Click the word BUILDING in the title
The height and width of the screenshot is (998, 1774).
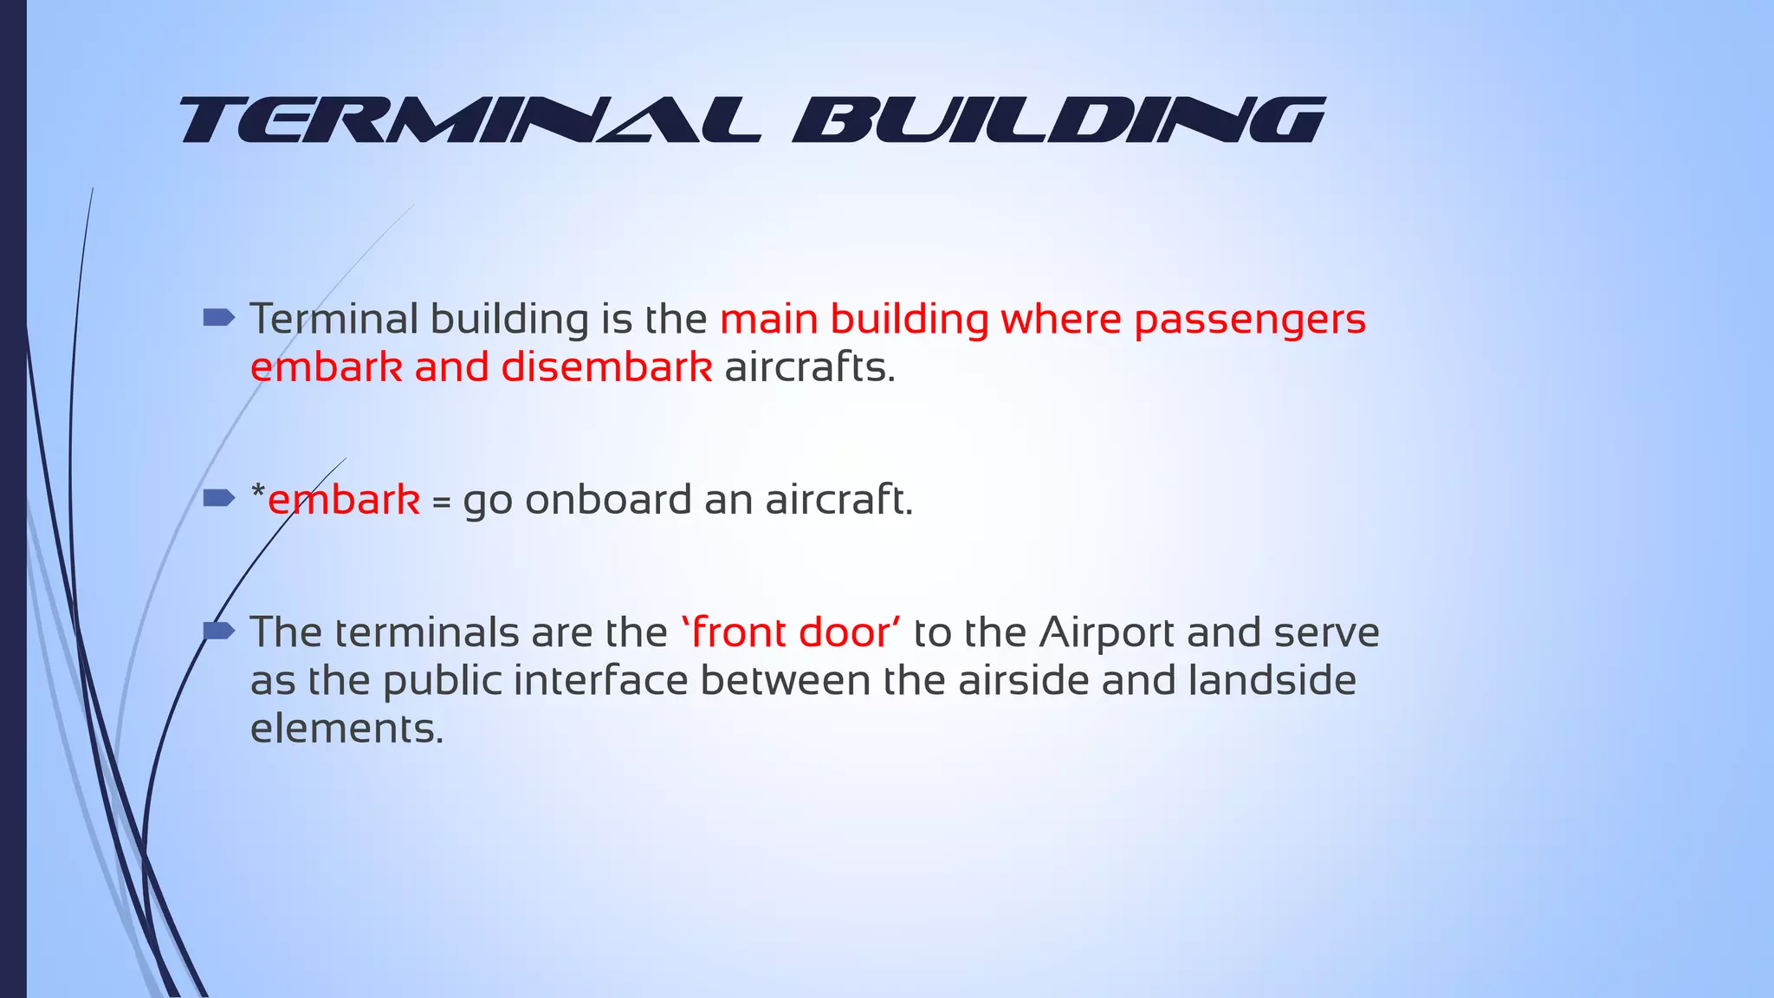pyautogui.click(x=1059, y=120)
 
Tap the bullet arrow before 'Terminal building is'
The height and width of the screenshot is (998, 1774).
pyautogui.click(x=218, y=318)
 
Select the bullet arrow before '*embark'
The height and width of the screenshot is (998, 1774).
pyautogui.click(x=218, y=497)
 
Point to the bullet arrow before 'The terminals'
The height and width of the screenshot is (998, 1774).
pyautogui.click(x=218, y=632)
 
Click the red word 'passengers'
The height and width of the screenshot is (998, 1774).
pyautogui.click(x=1250, y=321)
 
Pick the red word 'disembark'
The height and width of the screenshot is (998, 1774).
pyautogui.click(x=606, y=367)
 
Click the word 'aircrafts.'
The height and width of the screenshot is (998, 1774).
pyautogui.click(x=809, y=367)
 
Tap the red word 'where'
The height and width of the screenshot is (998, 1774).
pyautogui.click(x=1061, y=319)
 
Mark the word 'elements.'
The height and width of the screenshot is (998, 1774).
pyautogui.click(x=346, y=729)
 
